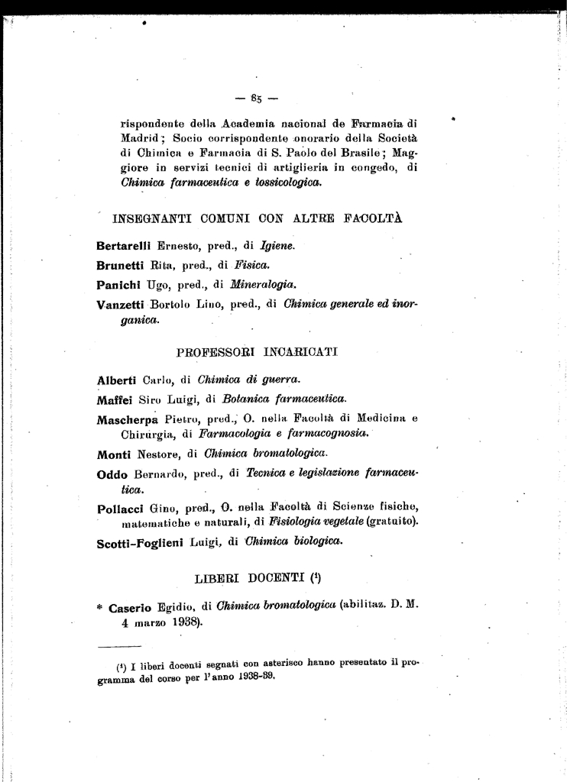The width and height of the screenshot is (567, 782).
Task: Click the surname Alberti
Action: [116, 380]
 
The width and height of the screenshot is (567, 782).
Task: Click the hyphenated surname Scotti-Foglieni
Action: [145, 544]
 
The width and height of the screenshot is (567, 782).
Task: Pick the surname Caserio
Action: [133, 607]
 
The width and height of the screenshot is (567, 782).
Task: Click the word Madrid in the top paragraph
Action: [142, 139]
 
